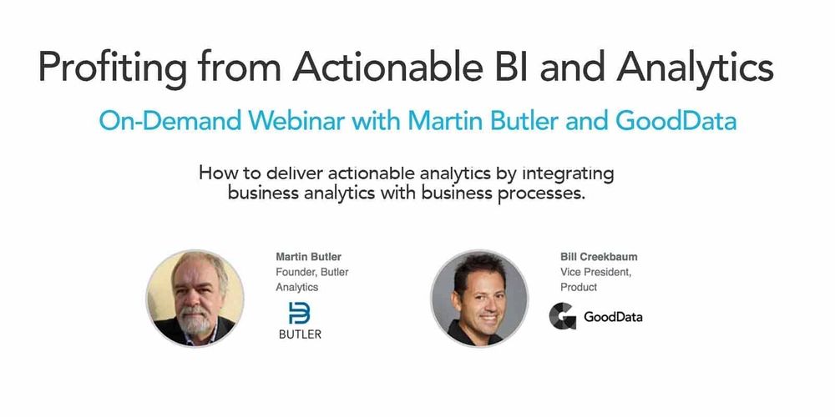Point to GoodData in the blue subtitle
(676, 121)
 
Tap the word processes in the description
(541, 193)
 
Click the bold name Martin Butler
(308, 257)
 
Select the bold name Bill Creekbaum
(599, 257)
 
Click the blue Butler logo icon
(299, 314)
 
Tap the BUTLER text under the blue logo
(300, 334)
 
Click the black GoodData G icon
(562, 316)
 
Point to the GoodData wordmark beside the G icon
(613, 318)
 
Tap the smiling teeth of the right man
(488, 318)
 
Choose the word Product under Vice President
(579, 287)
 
